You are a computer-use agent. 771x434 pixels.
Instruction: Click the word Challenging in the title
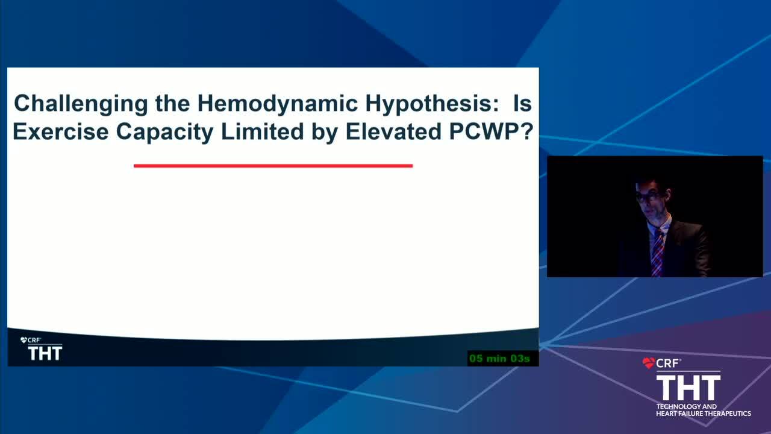click(81, 104)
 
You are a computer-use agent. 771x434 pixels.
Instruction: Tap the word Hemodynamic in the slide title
click(278, 103)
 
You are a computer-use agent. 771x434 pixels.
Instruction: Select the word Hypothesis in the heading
click(432, 104)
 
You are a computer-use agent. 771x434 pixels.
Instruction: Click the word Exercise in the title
click(61, 131)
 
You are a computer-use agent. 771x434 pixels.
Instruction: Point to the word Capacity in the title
click(164, 133)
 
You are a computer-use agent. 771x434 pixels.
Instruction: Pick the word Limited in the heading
click(262, 131)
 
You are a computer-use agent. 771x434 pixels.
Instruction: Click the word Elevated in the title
click(393, 131)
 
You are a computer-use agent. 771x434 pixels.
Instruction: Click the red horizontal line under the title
click(273, 166)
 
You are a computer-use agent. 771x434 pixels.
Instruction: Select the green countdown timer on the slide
click(499, 359)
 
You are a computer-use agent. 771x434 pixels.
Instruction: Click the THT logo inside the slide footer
click(45, 353)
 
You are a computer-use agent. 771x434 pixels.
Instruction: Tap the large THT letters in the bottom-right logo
click(688, 388)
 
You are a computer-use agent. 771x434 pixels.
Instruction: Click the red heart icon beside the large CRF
click(648, 363)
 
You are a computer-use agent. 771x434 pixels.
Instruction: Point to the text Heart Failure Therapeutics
click(704, 414)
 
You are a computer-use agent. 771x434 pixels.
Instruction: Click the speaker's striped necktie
click(657, 253)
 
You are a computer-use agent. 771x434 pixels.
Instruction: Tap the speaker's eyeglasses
click(649, 197)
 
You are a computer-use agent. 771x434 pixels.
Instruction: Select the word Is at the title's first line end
click(522, 103)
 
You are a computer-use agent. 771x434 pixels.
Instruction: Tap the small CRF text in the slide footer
click(34, 341)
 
